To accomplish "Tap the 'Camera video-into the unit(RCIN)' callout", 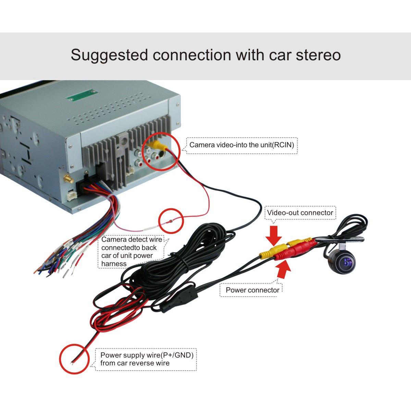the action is (242, 145).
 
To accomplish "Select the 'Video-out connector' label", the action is (300, 213).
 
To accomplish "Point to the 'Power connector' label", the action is (252, 290).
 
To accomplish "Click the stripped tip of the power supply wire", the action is (72, 363).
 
